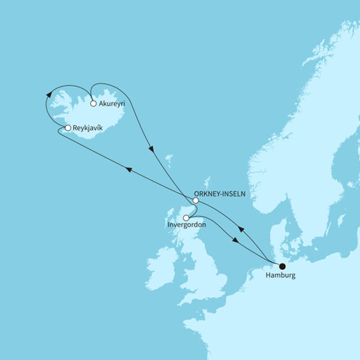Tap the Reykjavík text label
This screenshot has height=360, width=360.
click(89, 129)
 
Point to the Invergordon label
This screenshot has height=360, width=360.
click(187, 225)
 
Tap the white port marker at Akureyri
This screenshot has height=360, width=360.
click(94, 103)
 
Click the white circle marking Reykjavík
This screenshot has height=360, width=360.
click(67, 129)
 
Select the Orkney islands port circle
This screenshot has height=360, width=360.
click(196, 201)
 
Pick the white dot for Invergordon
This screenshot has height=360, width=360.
click(185, 217)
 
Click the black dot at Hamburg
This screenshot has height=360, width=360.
click(282, 266)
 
